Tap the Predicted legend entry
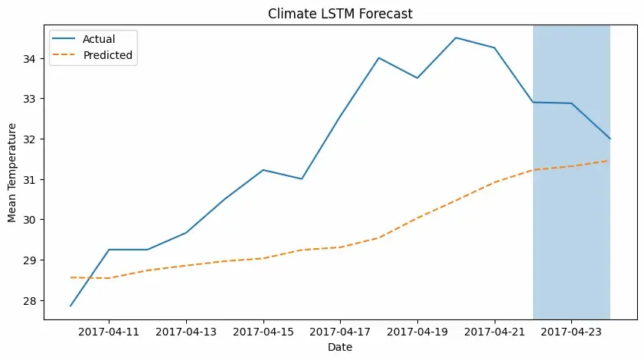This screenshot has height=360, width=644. (x=107, y=55)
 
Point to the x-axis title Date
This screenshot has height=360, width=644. (x=340, y=347)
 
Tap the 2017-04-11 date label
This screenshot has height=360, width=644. (x=109, y=332)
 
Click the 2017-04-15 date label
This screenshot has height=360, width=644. (x=263, y=332)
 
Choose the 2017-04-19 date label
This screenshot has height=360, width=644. (x=417, y=332)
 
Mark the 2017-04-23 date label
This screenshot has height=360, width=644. (x=571, y=332)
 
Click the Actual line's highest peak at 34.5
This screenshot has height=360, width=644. (x=456, y=38)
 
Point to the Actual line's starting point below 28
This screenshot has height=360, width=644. (x=70, y=306)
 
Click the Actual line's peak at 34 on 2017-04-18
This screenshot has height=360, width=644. (x=379, y=58)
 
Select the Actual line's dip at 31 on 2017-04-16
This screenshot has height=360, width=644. (x=302, y=178)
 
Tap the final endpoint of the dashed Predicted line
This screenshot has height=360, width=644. (x=610, y=161)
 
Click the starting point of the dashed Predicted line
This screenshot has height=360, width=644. (x=70, y=277)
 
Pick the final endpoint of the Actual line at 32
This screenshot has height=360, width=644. (x=610, y=139)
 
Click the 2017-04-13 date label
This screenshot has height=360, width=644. (x=186, y=332)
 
